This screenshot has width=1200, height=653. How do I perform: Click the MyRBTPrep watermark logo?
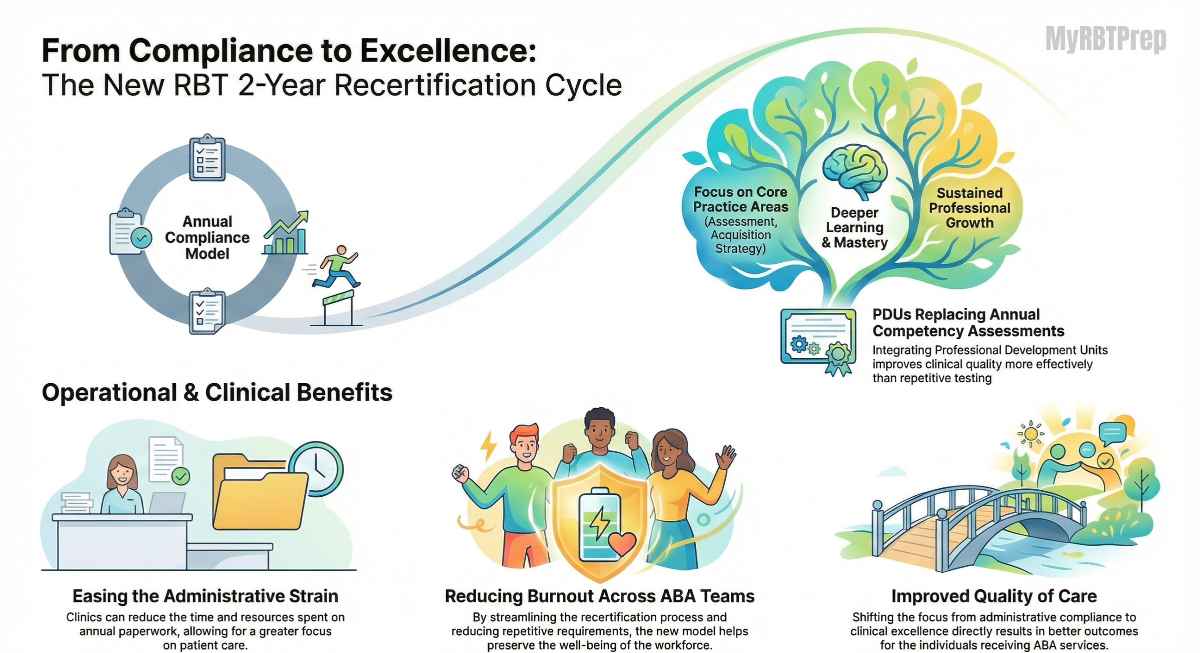(x=1106, y=39)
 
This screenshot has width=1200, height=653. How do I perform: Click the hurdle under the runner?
(x=339, y=308)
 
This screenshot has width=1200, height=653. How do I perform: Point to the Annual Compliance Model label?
(x=207, y=237)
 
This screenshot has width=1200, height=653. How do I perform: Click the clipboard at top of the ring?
(x=207, y=158)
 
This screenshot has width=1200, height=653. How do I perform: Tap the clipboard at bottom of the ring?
(x=207, y=311)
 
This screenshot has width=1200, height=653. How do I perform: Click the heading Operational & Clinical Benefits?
(x=217, y=392)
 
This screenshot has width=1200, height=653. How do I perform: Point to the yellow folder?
(x=260, y=491)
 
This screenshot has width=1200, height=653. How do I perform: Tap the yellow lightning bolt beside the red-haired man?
(x=488, y=445)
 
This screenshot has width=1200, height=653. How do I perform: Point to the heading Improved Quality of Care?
(x=994, y=596)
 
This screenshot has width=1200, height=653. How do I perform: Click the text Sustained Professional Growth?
(x=969, y=208)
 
